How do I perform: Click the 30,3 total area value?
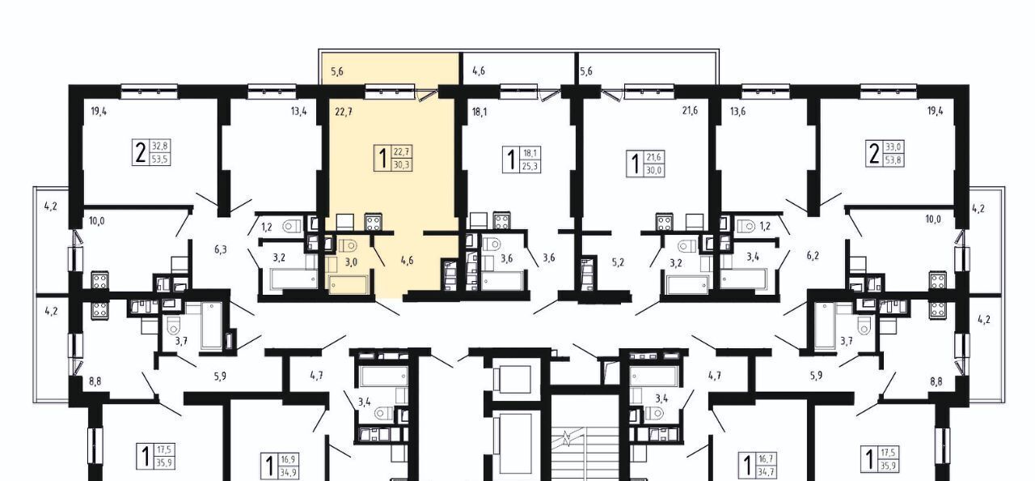point(402,164)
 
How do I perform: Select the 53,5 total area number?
point(160,160)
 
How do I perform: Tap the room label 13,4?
point(298,112)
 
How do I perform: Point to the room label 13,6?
point(737,112)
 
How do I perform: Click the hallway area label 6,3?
point(221,250)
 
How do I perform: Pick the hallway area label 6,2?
point(813,255)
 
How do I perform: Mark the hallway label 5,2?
point(618,262)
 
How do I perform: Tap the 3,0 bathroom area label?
point(351,262)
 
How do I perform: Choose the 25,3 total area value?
point(530,166)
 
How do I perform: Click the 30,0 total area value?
point(654,170)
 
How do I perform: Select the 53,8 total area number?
point(893,160)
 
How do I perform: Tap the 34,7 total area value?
point(766,472)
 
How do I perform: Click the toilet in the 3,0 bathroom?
point(348,245)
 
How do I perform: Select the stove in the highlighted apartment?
point(374,222)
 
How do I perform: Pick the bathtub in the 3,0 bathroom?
point(349,284)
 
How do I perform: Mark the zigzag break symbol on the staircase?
point(566,438)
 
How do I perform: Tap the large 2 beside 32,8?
point(140,153)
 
